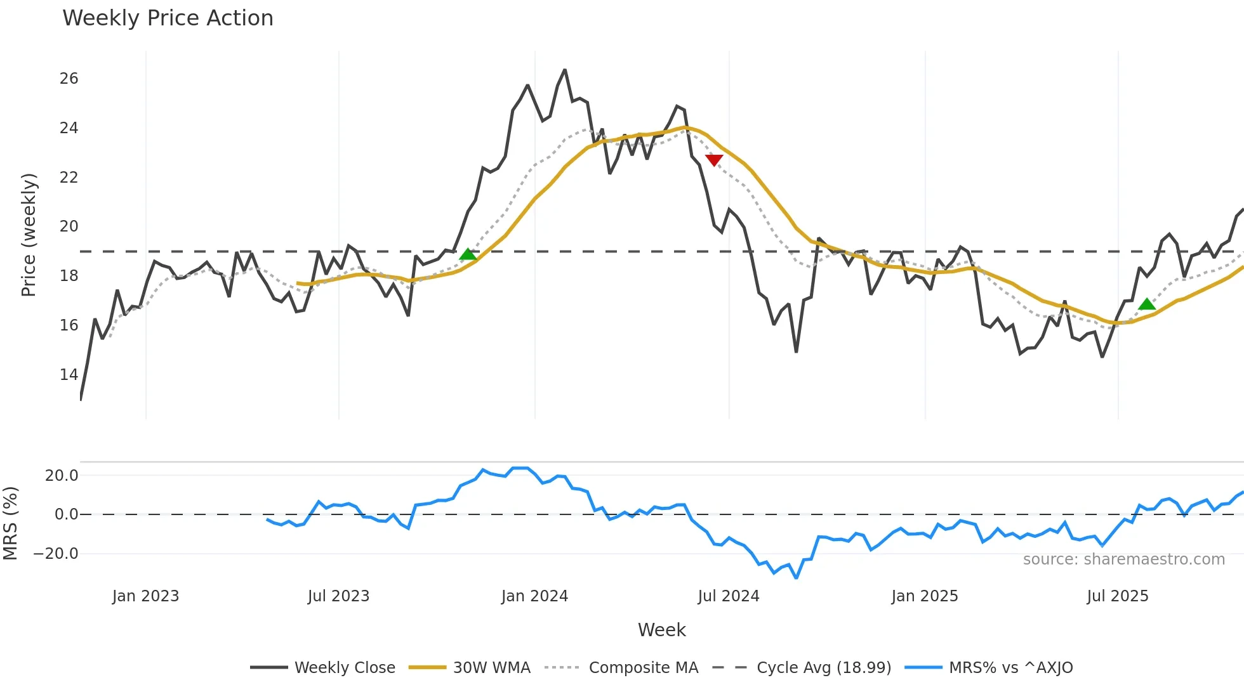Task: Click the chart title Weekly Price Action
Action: (x=168, y=18)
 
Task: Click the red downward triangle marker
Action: (x=714, y=160)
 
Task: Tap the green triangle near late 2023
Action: (x=468, y=254)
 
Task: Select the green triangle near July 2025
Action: (x=1147, y=304)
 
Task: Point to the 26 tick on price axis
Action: (x=69, y=79)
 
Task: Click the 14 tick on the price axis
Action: (x=69, y=375)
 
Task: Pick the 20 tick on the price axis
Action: (x=69, y=226)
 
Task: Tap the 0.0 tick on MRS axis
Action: (x=66, y=514)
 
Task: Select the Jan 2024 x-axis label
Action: (x=534, y=596)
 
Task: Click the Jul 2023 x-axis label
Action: (x=338, y=596)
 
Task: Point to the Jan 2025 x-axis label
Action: (x=924, y=596)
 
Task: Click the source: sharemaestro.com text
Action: (x=1123, y=559)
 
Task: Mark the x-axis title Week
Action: (x=661, y=630)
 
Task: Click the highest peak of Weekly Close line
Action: (x=564, y=70)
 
